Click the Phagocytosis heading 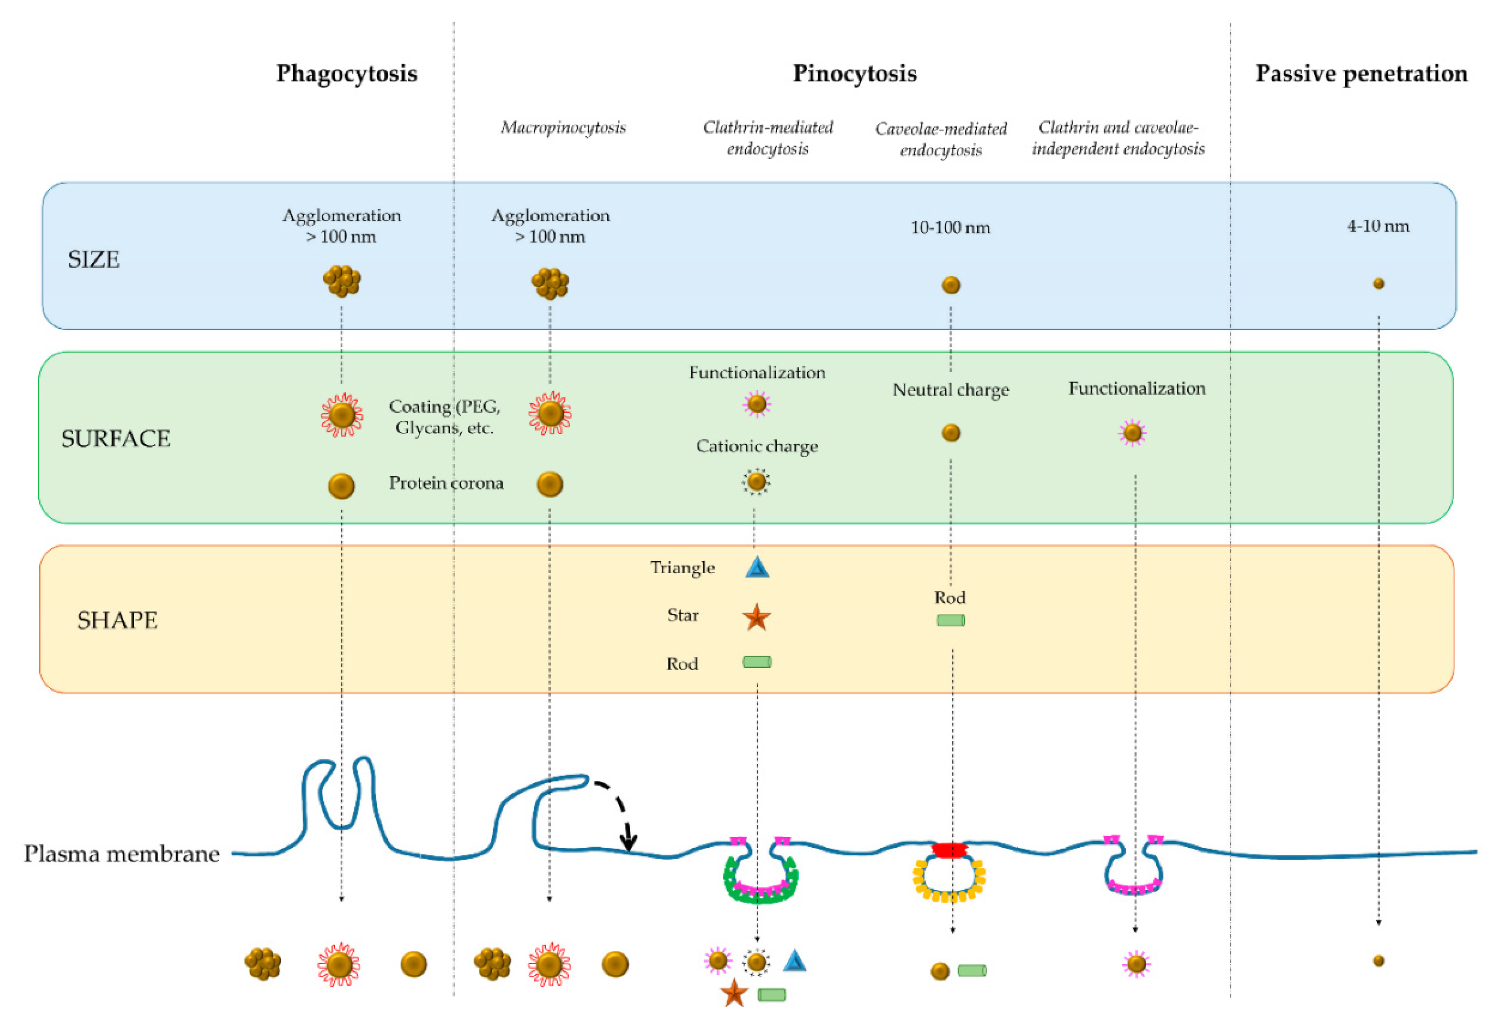point(347,74)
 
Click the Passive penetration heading point(1361,74)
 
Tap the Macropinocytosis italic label point(563,128)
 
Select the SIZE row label point(94,260)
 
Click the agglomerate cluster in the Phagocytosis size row point(342,281)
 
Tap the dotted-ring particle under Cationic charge point(756,481)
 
